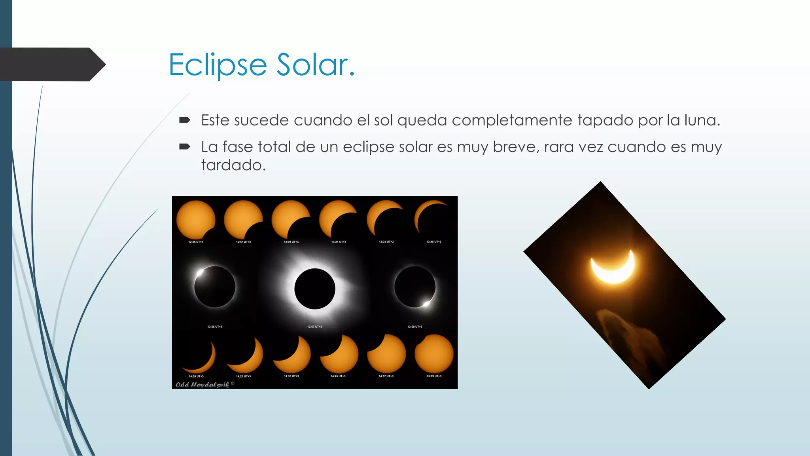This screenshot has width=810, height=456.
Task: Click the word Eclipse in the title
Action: pos(218,65)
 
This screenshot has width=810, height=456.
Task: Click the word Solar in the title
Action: pos(315,65)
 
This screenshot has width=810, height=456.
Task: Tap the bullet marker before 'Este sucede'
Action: pos(184,120)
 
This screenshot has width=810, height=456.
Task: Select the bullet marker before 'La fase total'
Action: pos(184,147)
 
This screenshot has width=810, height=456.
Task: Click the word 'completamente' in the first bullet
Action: pos(512,120)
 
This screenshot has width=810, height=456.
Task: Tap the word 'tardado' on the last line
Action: pos(233,165)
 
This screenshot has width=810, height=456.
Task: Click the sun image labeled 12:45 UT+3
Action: pos(195,219)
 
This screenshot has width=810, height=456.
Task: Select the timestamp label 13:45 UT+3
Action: pos(434,241)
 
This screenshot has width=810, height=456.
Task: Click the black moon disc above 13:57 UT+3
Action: pos(315,289)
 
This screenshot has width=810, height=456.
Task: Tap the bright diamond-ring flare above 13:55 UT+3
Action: pos(200,273)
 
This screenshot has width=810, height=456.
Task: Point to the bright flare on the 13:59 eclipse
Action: pos(426,304)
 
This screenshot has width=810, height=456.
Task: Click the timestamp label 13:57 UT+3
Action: pos(315,327)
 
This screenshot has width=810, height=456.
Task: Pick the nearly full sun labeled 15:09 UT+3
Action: pos(434,354)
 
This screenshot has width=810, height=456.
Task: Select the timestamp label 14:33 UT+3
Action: pos(291,376)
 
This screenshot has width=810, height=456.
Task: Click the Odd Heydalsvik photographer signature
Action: pos(202,384)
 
